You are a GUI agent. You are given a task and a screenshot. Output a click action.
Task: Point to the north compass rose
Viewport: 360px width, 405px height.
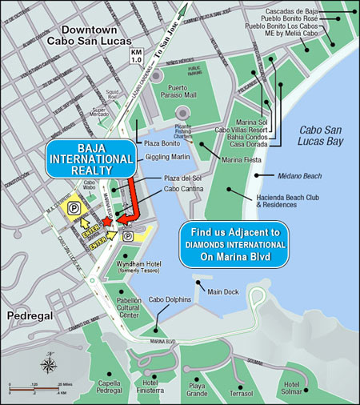(48, 365)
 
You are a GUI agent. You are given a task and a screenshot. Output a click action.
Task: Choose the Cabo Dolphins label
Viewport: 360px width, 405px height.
(170, 299)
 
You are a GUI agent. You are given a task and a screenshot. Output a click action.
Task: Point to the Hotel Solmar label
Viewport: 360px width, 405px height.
(298, 390)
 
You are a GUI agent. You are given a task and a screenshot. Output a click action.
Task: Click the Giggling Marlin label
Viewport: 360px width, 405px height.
(168, 158)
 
